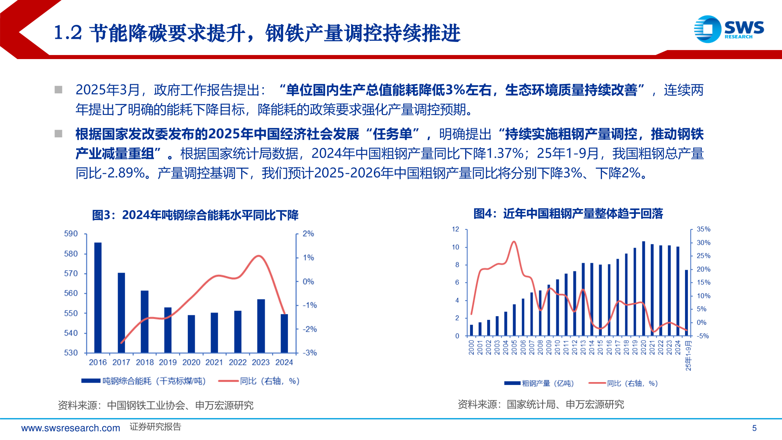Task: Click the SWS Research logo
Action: click(729, 29)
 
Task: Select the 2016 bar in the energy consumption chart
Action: click(98, 297)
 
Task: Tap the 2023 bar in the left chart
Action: click(261, 326)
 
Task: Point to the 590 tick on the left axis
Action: click(71, 234)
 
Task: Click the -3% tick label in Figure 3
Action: click(310, 353)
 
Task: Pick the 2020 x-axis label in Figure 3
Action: click(191, 362)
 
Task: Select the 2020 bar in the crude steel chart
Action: click(644, 288)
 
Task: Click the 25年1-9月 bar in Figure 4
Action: click(687, 303)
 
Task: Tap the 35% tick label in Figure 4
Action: click(703, 229)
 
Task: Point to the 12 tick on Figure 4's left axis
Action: click(455, 229)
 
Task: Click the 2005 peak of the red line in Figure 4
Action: click(514, 242)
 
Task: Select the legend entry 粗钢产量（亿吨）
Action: click(539, 383)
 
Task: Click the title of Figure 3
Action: click(195, 215)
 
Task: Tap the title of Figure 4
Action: click(568, 213)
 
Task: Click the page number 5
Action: click(754, 428)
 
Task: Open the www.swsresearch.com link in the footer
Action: click(71, 428)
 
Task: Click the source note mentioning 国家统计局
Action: click(541, 405)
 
